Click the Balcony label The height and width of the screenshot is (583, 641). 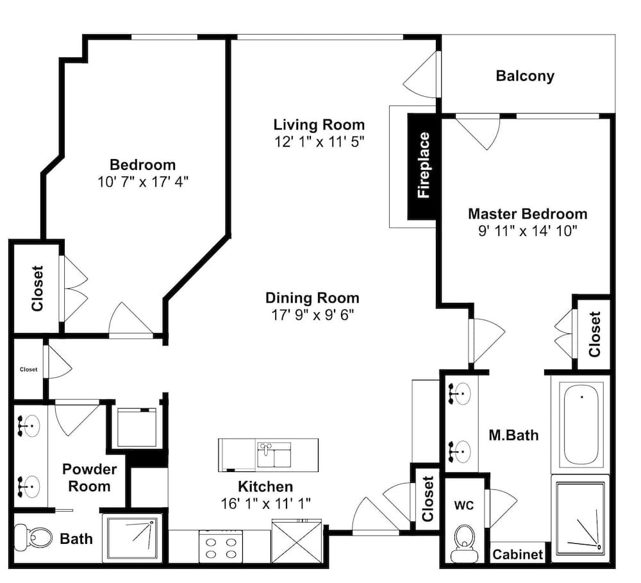pyautogui.click(x=525, y=76)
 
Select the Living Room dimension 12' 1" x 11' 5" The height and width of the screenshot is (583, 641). pyautogui.click(x=319, y=142)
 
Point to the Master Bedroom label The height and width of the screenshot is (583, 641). pyautogui.click(x=528, y=214)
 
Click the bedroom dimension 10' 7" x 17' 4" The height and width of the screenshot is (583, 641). pyautogui.click(x=143, y=182)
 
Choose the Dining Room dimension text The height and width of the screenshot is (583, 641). pyautogui.click(x=312, y=315)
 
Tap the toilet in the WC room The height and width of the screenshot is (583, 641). pyautogui.click(x=464, y=543)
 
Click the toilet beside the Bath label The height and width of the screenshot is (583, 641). pyautogui.click(x=34, y=537)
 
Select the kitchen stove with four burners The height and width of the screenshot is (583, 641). pyautogui.click(x=221, y=546)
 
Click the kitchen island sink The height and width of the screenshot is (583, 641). pyautogui.click(x=274, y=455)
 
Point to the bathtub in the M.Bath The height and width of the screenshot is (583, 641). pyautogui.click(x=581, y=425)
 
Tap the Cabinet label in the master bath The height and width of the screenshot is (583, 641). pyautogui.click(x=517, y=554)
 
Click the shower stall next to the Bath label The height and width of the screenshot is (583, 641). pyautogui.click(x=132, y=538)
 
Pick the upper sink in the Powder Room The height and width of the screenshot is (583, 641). pyautogui.click(x=29, y=426)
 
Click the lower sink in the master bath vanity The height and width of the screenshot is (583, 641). pyautogui.click(x=460, y=451)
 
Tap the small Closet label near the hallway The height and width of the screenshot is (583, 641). pyautogui.click(x=29, y=369)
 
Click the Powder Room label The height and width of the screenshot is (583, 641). pyautogui.click(x=89, y=477)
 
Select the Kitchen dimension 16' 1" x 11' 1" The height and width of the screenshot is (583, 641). pyautogui.click(x=266, y=503)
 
